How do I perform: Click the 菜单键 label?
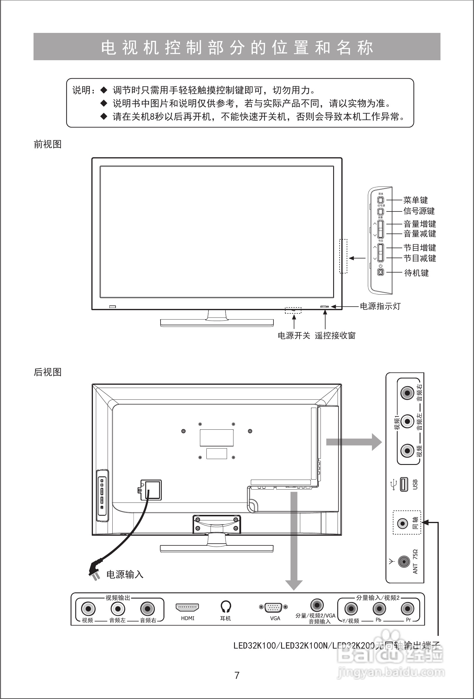coord(415,200)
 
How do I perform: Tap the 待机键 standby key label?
coord(416,273)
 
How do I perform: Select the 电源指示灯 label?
coord(380,307)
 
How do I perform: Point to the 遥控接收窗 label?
coord(335,336)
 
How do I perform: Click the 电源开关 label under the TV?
coord(294,336)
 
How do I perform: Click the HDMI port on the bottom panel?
coord(187,607)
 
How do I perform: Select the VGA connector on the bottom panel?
coord(273,607)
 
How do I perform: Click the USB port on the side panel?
coord(404,485)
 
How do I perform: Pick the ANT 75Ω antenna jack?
coord(404,562)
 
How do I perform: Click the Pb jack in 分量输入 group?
coord(379,609)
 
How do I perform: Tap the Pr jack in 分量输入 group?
coord(407,609)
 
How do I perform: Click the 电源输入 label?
coord(125,574)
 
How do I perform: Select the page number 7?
coord(237,676)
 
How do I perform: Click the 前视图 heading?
coord(48,144)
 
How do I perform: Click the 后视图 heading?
coord(48,372)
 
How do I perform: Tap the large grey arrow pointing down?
coord(294,541)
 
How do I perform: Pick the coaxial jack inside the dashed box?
coord(402,524)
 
